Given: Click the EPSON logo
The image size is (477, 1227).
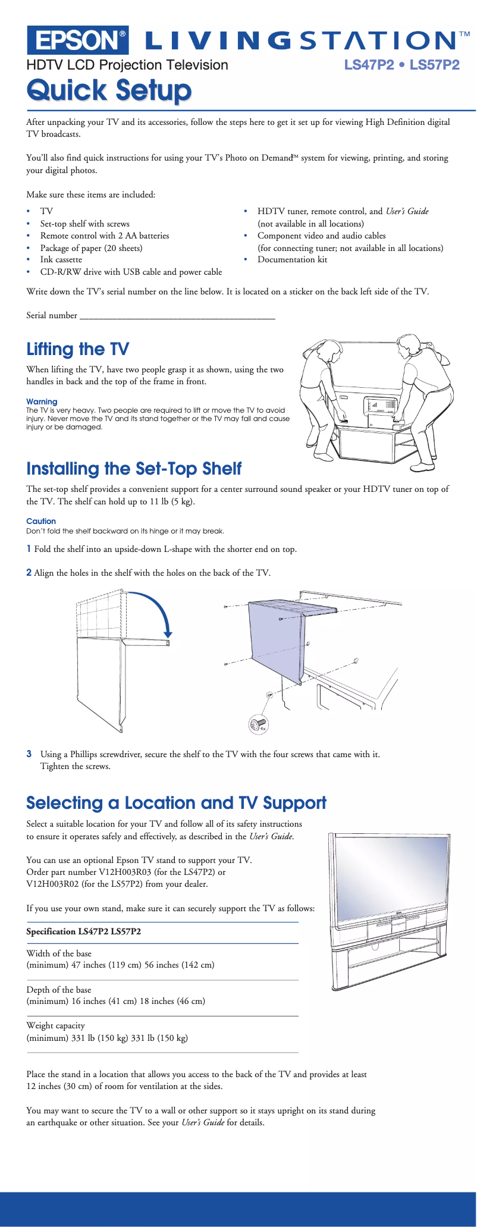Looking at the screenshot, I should tap(77, 40).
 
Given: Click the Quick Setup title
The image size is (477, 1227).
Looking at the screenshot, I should tap(109, 90).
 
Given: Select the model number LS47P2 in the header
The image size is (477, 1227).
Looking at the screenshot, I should tap(369, 65).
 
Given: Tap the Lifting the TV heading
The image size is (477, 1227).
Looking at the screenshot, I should tap(77, 349).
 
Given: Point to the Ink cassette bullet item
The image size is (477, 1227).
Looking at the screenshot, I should tap(61, 260).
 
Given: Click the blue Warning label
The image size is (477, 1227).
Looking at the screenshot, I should tap(42, 401).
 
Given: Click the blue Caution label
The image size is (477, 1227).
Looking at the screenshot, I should tap(41, 521).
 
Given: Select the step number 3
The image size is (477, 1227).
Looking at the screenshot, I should tap(29, 754).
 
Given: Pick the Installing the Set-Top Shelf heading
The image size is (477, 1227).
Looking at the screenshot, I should tap(134, 469).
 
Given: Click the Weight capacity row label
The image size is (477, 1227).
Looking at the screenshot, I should tap(55, 1025).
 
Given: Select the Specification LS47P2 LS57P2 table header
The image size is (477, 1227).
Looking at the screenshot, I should tap(84, 931).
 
